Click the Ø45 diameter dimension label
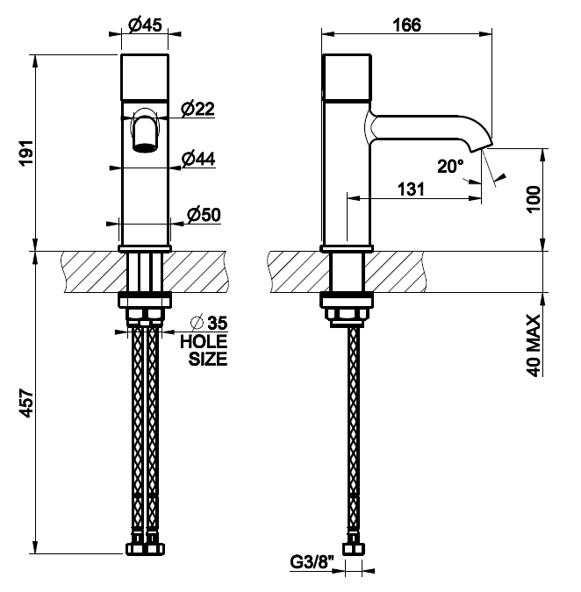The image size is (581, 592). tap(145, 25)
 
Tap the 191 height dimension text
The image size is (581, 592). tap(27, 153)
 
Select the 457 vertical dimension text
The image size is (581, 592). tap(27, 403)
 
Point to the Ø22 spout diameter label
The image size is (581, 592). tap(197, 109)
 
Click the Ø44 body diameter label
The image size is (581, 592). tap(198, 159)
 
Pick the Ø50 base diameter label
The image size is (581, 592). tap(204, 215)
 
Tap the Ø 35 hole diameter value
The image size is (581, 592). tap(210, 323)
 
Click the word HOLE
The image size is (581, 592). tap(204, 341)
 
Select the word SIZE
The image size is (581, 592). tap(208, 359)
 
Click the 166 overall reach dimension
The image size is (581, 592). tap(407, 25)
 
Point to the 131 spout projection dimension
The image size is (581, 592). tap(411, 189)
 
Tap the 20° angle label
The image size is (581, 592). tap(451, 166)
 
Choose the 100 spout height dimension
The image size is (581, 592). tap(534, 199)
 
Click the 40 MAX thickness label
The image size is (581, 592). tap(534, 346)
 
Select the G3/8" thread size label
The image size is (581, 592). tap(312, 562)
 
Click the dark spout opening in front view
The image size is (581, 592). tap(145, 147)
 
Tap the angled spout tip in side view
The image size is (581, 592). tap(481, 146)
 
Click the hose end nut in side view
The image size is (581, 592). tap(354, 548)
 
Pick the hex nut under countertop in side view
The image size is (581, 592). tap(347, 314)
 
